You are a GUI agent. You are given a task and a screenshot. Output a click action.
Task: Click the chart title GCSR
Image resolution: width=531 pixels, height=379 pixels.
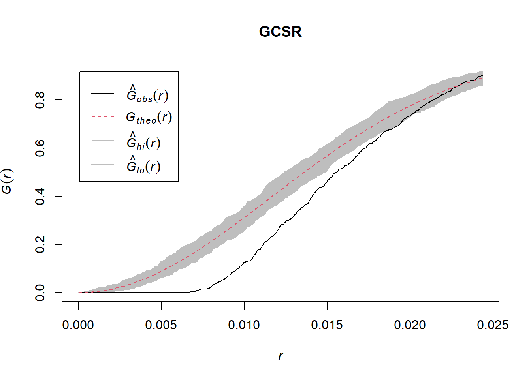(x=280, y=32)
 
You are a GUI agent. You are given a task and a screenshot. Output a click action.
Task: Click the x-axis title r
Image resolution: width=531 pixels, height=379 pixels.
(x=281, y=356)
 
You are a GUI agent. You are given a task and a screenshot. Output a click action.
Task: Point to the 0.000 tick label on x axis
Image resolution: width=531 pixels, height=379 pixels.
(x=78, y=325)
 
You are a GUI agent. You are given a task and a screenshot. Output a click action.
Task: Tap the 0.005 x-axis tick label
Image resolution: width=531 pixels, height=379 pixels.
(x=161, y=325)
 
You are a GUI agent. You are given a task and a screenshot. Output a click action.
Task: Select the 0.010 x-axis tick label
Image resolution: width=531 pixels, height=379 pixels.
(x=244, y=325)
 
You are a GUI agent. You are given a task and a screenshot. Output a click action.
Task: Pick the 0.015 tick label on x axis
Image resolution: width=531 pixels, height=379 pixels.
(x=327, y=325)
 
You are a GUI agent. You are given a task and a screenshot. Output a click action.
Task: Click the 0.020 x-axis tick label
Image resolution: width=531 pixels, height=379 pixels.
(x=410, y=325)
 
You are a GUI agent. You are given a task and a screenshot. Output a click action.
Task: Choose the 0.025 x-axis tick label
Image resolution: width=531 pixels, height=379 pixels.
(x=493, y=325)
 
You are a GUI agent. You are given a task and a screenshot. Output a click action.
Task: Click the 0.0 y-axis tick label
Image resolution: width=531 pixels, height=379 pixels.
(x=40, y=293)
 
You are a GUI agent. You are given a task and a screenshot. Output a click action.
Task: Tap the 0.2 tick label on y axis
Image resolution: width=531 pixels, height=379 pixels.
(x=40, y=244)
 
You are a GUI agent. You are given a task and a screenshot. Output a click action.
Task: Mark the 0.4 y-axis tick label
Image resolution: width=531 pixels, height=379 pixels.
(x=40, y=196)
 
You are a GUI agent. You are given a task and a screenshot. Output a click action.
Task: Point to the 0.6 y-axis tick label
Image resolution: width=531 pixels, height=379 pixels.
(x=40, y=148)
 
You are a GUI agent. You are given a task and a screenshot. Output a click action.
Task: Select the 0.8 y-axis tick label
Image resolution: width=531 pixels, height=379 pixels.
(x=40, y=100)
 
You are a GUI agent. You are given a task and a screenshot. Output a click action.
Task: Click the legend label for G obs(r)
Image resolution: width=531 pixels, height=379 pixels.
(x=147, y=94)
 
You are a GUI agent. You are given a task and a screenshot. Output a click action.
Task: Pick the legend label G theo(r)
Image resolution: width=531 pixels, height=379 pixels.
(x=149, y=117)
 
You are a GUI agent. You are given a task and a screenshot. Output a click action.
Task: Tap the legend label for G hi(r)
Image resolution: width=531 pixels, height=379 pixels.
(x=143, y=142)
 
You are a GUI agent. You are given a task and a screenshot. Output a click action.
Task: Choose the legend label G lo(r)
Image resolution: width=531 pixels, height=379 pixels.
(x=143, y=165)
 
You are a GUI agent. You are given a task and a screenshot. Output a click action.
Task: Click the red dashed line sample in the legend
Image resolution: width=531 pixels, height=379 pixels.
(x=103, y=117)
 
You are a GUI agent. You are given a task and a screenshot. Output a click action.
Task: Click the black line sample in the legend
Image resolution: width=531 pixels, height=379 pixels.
(x=103, y=94)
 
